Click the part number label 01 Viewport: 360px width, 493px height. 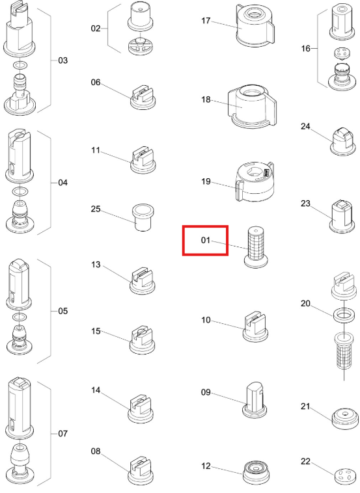pos(205,240)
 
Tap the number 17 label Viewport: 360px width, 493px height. pos(206,21)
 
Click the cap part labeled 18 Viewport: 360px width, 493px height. pos(252,106)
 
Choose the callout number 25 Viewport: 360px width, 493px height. pos(96,209)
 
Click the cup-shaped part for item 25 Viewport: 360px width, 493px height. pos(143,217)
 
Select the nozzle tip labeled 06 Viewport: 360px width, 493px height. pos(143,98)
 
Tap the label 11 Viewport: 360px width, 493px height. pos(96,150)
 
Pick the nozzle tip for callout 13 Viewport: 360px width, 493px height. pos(143,281)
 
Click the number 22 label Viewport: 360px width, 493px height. pos(305,462)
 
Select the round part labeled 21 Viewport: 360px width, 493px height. pos(345,418)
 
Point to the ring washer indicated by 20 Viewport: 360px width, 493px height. pos(344,314)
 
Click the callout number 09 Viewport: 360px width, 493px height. pos(206,392)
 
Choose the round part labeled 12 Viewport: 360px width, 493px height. pos(256,473)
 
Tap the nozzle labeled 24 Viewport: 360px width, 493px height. pos(342,141)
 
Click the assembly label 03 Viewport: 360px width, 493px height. pos(63,60)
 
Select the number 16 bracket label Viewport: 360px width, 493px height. pos(305,48)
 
